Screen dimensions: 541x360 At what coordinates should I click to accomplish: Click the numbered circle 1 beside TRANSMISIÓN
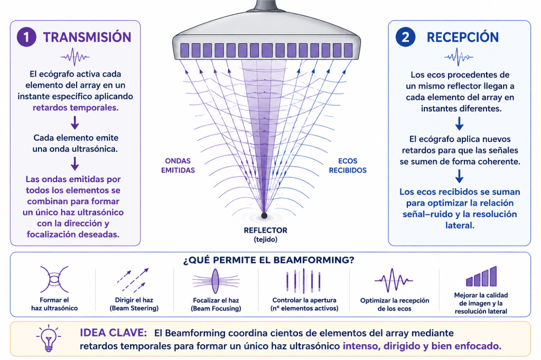pyautogui.click(x=26, y=37)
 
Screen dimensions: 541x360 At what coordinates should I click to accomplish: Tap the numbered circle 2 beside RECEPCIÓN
pyautogui.click(x=405, y=37)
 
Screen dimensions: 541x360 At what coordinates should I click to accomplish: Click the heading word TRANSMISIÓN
pyautogui.click(x=87, y=37)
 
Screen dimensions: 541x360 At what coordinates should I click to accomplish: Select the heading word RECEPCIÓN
pyautogui.click(x=463, y=37)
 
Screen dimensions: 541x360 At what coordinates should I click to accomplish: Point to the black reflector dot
pyautogui.click(x=264, y=215)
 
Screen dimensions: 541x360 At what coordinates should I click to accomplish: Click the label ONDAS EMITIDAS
pyautogui.click(x=178, y=166)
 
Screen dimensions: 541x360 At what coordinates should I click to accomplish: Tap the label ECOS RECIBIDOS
pyautogui.click(x=348, y=166)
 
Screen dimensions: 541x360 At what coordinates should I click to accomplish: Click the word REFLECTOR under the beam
pyautogui.click(x=265, y=230)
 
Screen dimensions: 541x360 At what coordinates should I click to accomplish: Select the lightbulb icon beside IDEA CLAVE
pyautogui.click(x=48, y=338)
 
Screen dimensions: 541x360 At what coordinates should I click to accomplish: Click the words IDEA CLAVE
pyautogui.click(x=113, y=333)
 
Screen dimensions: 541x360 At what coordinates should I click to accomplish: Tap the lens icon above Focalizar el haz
pyautogui.click(x=216, y=281)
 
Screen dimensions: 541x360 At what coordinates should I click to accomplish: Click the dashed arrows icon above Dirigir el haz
pyautogui.click(x=133, y=280)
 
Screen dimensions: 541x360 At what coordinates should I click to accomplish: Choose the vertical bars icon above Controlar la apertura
pyautogui.click(x=304, y=281)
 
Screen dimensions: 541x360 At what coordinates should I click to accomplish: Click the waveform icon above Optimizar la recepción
pyautogui.click(x=394, y=280)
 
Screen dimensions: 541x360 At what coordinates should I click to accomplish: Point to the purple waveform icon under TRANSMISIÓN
pyautogui.click(x=75, y=56)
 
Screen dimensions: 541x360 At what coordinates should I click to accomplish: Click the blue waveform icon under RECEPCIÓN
pyautogui.click(x=459, y=57)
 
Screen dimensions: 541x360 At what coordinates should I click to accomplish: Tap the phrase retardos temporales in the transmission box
pyautogui.click(x=76, y=108)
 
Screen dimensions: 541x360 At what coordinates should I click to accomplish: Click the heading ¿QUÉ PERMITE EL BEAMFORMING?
pyautogui.click(x=269, y=260)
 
